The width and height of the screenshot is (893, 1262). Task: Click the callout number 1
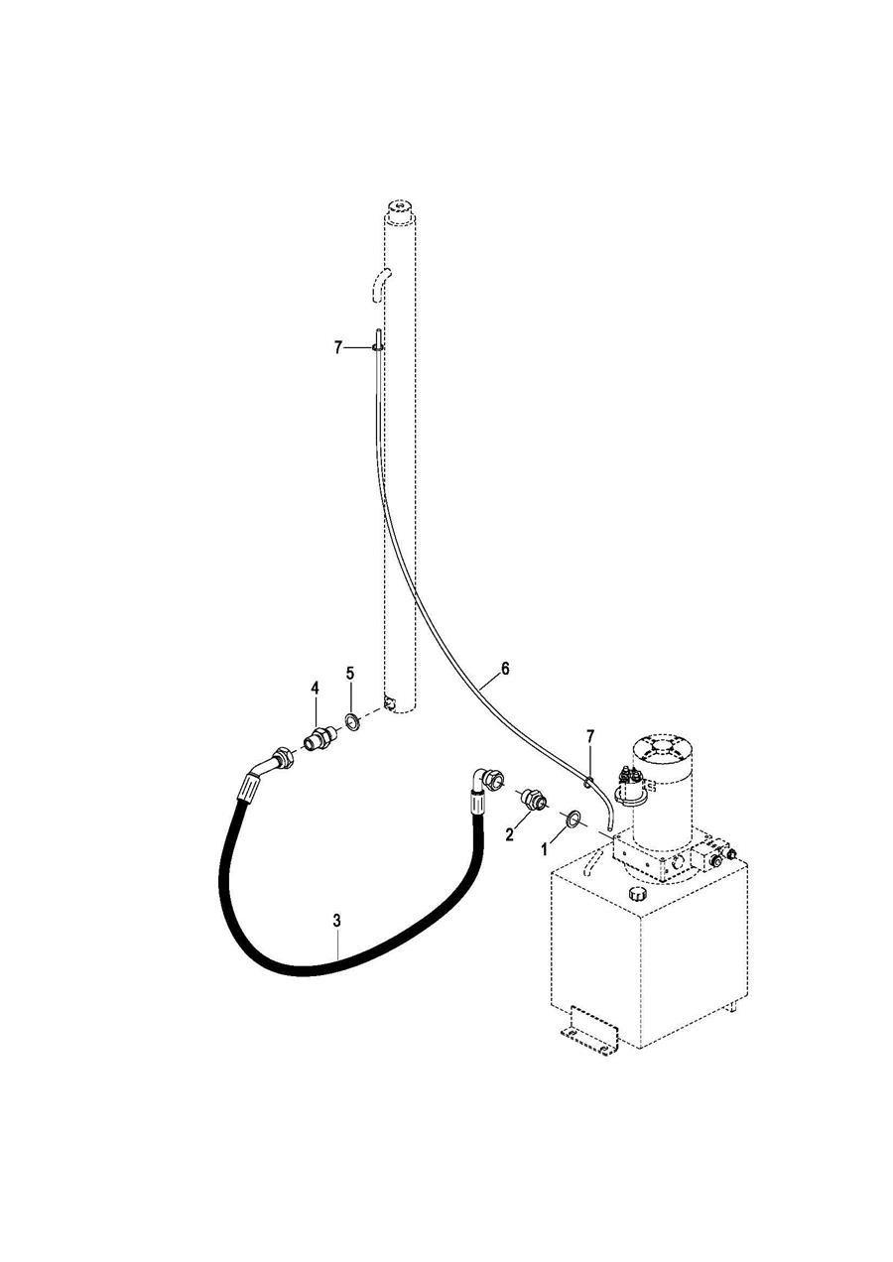pyautogui.click(x=544, y=849)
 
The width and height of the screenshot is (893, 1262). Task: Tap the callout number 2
pyautogui.click(x=510, y=834)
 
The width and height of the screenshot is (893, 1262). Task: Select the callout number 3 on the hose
pyautogui.click(x=336, y=921)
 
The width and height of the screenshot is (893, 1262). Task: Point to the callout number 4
pyautogui.click(x=315, y=688)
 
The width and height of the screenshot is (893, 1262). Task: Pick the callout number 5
pyautogui.click(x=349, y=674)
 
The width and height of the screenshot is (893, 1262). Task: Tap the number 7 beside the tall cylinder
pyautogui.click(x=338, y=347)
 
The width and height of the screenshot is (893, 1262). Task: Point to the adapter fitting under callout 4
pyautogui.click(x=319, y=738)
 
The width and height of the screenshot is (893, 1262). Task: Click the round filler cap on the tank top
pyautogui.click(x=635, y=894)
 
